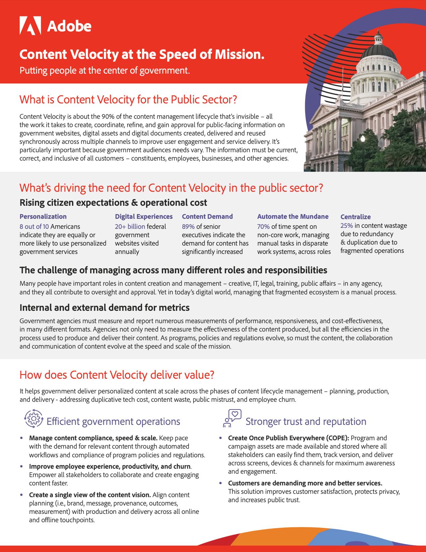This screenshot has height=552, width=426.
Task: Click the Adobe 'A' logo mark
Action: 30,25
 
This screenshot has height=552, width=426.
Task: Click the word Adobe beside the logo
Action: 69,26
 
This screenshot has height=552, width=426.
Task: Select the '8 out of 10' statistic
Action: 34,226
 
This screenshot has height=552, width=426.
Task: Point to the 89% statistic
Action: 188,226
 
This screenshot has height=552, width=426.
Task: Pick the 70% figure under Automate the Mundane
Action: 263,226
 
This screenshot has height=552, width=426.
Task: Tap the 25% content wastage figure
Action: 347,225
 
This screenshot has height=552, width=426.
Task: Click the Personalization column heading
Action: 43,216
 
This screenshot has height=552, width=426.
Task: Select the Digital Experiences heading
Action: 144,216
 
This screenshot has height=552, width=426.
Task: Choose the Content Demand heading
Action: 207,216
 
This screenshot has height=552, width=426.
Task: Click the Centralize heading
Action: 356,217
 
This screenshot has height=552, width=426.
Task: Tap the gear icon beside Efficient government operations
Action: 33,418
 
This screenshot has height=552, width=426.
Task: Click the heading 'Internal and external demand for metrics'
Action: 104,307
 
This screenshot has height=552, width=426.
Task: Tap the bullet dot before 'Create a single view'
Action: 22,495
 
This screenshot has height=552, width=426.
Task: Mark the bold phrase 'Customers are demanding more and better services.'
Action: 305,483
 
